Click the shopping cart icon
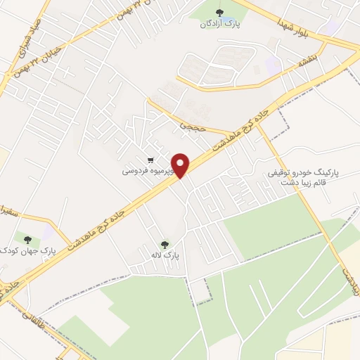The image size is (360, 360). point(150,160)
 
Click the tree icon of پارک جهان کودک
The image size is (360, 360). point(27,239)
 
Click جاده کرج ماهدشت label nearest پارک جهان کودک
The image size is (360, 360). point(98,228)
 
